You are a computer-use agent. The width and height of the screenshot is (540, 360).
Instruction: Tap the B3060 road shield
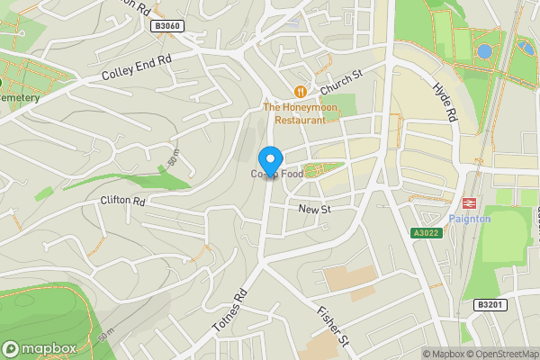coord(167,26)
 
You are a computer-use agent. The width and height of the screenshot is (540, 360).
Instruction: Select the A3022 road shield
coord(426,233)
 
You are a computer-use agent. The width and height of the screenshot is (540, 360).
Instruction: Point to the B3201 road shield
coord(489,305)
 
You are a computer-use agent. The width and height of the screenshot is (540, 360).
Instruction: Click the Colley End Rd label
coord(137,68)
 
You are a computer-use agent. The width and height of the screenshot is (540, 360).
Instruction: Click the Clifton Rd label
coord(123,201)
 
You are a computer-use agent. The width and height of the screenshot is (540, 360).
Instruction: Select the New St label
coord(315,209)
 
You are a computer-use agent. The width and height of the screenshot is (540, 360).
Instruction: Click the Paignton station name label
coord(469,219)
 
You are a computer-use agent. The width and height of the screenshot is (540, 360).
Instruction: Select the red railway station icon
coord(469,203)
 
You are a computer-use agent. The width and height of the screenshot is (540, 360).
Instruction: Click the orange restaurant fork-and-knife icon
coord(301,91)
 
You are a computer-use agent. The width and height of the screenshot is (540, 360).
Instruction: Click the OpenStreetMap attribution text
coord(500,354)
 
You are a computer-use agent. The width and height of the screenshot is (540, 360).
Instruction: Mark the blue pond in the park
coord(485,51)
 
